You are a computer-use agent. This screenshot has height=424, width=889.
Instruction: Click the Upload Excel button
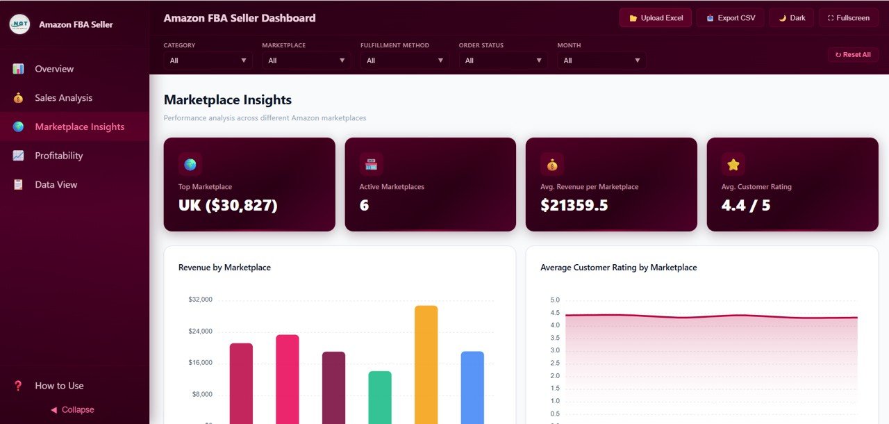click(x=655, y=18)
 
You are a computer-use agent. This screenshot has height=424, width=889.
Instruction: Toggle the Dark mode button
click(x=791, y=18)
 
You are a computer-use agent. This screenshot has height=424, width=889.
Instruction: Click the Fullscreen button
click(x=848, y=18)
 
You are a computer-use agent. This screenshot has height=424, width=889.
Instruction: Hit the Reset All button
click(x=852, y=54)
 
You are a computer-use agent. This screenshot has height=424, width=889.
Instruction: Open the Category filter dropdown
click(x=206, y=60)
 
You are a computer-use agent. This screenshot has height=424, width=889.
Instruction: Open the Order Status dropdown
click(x=501, y=60)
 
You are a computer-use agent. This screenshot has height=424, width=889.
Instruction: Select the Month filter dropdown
click(x=600, y=60)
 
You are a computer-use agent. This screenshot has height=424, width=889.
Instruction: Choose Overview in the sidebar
click(x=54, y=69)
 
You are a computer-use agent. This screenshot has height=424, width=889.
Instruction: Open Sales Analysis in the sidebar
click(x=63, y=98)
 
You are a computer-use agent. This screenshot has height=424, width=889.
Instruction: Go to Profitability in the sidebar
click(x=58, y=156)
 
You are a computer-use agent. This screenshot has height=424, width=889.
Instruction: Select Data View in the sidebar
click(x=56, y=185)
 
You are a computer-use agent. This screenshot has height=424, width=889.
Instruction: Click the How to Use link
click(x=59, y=386)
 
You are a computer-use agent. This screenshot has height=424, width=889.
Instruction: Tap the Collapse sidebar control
click(x=72, y=410)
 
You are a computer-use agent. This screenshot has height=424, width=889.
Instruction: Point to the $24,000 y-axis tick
click(x=200, y=332)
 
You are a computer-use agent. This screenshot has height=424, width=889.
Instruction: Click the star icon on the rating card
click(x=733, y=165)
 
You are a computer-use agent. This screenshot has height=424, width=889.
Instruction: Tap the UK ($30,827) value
click(x=228, y=205)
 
